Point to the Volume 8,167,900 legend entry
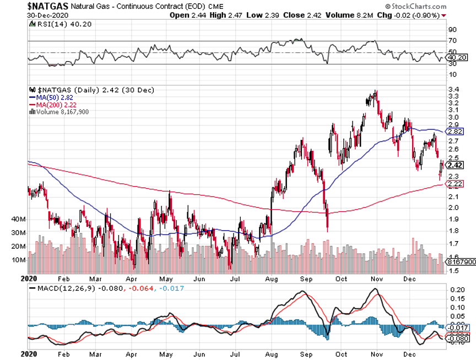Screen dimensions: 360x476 pos(59,112)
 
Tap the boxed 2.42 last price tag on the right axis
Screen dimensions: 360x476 pos(455,165)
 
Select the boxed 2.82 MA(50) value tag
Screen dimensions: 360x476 pos(455,132)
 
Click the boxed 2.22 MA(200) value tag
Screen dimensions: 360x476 pos(455,184)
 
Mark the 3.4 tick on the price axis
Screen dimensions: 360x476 pos(455,89)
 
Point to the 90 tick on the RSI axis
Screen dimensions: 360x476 pos(453,30)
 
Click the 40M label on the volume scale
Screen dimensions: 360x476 pos(19,219)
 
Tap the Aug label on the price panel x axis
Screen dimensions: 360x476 pos(272,279)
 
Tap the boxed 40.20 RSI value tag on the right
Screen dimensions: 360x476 pos(457,57)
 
